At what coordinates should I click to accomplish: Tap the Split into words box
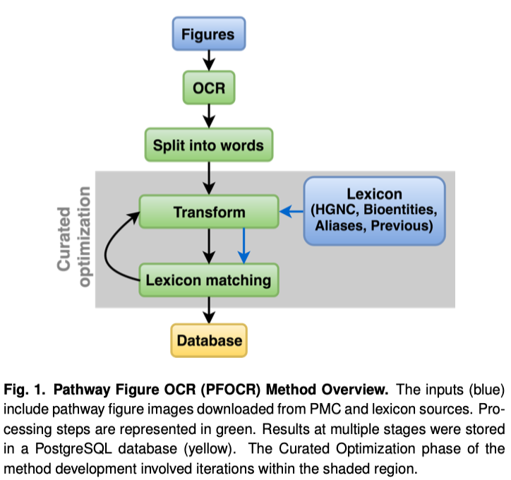[x=208, y=146]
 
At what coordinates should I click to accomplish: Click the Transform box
[x=208, y=212]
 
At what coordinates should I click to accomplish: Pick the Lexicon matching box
[x=208, y=280]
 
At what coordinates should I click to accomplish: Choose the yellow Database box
[x=209, y=341]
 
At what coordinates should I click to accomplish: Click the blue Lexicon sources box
[x=374, y=210]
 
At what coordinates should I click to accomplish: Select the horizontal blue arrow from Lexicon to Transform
[x=291, y=210]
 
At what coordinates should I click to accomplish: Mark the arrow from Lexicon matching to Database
[x=208, y=310]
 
